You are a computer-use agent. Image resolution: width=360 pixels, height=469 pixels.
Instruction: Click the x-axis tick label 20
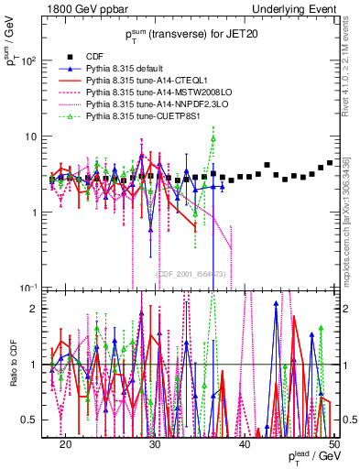click(x=65, y=442)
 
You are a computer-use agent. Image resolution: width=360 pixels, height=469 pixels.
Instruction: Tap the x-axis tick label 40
click(x=245, y=442)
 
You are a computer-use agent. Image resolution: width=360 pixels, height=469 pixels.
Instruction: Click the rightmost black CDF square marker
click(x=330, y=163)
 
